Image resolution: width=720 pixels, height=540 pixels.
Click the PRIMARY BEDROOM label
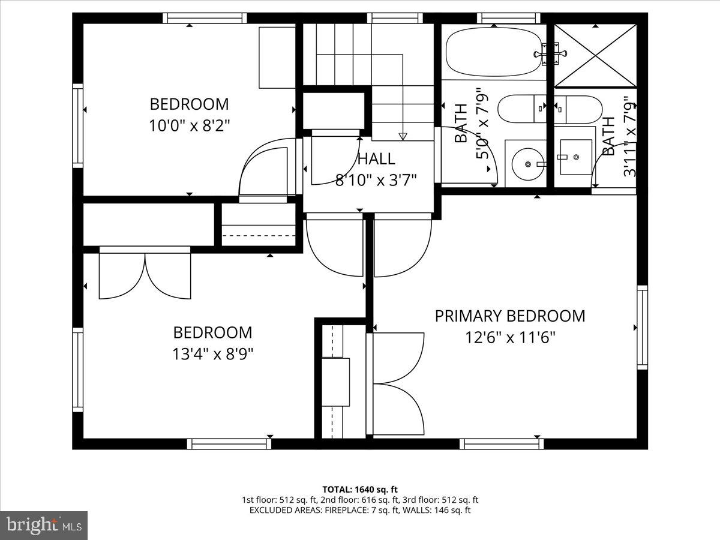click(x=509, y=316)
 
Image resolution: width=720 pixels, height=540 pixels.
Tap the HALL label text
click(x=376, y=159)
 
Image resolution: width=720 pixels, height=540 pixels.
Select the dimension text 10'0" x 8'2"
click(x=189, y=126)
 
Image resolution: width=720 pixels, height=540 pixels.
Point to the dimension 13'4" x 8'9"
click(x=212, y=354)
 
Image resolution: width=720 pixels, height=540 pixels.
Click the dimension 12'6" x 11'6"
click(x=509, y=338)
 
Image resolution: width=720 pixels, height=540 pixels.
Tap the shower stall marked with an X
click(x=594, y=56)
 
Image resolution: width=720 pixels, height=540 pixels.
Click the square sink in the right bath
click(x=574, y=157)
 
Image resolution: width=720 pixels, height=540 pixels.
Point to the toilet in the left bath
click(x=522, y=109)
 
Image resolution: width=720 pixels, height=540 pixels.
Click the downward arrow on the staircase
click(x=403, y=136)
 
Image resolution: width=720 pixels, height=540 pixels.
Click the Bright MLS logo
click(x=44, y=526)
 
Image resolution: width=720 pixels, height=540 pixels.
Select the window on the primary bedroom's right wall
click(x=642, y=328)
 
